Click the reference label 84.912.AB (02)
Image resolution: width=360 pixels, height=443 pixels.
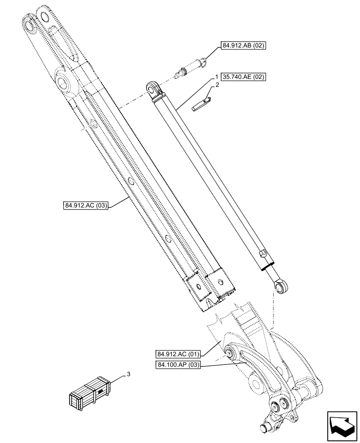click(x=243, y=46)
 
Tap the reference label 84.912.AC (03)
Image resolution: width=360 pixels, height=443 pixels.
click(x=86, y=206)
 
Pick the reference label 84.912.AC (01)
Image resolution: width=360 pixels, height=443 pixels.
click(x=179, y=354)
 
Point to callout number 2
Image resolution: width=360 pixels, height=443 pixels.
click(x=218, y=84)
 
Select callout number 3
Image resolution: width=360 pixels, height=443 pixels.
click(x=129, y=374)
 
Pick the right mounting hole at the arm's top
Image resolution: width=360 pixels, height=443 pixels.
click(x=45, y=17)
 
